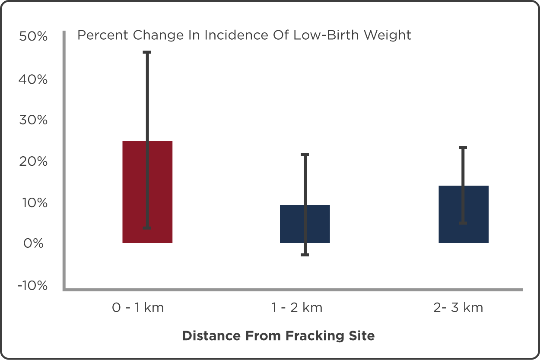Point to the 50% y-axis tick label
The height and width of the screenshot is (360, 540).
point(33,37)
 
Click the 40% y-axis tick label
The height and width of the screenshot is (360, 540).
point(33,79)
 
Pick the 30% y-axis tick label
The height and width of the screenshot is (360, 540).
point(33,120)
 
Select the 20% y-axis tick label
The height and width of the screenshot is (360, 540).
point(33,161)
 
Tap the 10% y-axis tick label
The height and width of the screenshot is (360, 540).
point(33,202)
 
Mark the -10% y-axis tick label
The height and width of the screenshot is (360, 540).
point(32,285)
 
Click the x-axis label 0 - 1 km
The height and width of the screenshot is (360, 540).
point(138,308)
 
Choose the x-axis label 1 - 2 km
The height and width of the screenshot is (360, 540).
point(297,308)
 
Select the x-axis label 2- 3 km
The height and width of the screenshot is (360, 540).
point(458,308)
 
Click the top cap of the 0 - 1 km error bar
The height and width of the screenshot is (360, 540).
point(147,52)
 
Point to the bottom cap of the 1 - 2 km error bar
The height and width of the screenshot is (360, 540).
point(305,255)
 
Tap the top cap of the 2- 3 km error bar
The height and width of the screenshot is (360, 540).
point(463,148)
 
